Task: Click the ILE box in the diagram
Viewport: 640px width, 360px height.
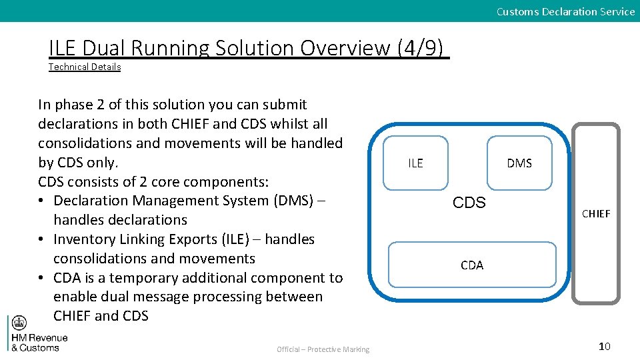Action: tap(415, 163)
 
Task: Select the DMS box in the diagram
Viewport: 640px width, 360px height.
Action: tap(519, 163)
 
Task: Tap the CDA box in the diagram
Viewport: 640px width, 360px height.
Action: tap(472, 265)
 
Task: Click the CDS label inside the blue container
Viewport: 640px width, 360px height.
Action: tap(469, 203)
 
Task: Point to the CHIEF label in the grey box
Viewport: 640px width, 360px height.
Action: tap(596, 213)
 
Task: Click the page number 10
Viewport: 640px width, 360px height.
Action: tap(605, 346)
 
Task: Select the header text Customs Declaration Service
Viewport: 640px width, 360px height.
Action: tap(565, 11)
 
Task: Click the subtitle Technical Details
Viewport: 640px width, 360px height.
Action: tap(85, 67)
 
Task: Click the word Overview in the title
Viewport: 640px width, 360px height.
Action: tap(345, 48)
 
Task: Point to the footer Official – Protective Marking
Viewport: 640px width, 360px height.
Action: tap(323, 349)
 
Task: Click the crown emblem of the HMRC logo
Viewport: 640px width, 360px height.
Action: tap(19, 324)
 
